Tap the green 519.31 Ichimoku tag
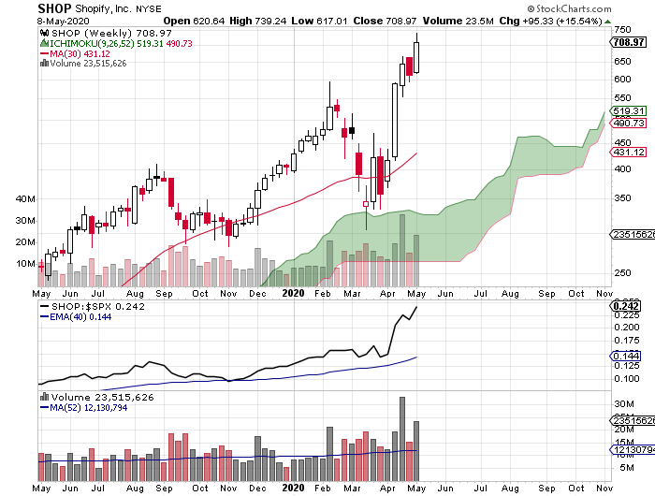[624, 109]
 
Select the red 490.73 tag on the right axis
[624, 123]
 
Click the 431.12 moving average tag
[624, 153]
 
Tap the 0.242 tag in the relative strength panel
[624, 306]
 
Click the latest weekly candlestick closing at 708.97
[416, 56]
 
